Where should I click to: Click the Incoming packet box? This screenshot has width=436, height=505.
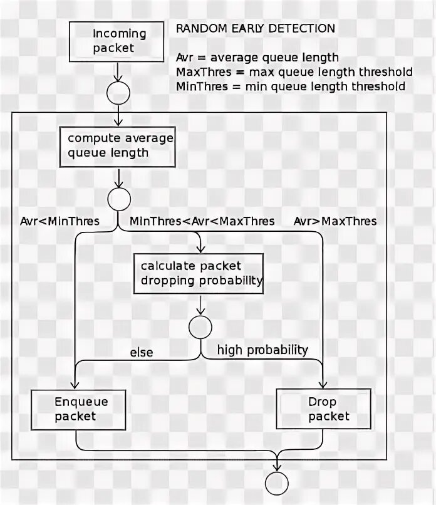point(119,41)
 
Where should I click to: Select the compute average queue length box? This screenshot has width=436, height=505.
point(117,145)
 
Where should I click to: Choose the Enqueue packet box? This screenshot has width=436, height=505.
point(76,409)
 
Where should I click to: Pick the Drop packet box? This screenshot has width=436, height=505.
point(322,409)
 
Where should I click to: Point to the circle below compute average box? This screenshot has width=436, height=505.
point(119,200)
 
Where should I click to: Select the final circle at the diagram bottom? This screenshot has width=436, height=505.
point(276,483)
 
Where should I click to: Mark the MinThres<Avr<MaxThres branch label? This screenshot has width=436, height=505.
point(202,221)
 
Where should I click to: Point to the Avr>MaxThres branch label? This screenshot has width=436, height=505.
point(335,221)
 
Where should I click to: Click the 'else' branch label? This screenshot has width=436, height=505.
point(141,353)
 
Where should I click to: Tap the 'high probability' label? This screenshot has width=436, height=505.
point(262,350)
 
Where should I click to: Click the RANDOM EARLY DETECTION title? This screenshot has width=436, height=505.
point(255,29)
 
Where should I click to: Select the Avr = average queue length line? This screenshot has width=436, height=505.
point(257,58)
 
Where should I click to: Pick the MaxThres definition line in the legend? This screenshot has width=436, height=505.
point(294,72)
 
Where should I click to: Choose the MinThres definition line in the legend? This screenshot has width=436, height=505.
point(291,86)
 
